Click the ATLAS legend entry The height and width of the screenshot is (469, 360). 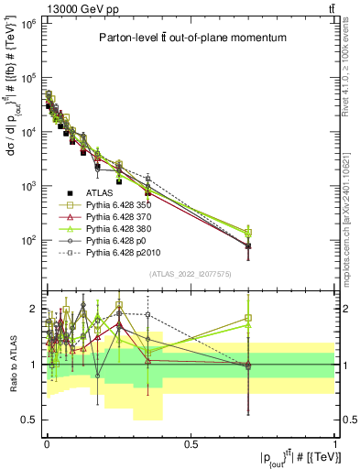click(x=100, y=193)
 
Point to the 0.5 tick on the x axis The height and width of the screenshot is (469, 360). click(x=191, y=443)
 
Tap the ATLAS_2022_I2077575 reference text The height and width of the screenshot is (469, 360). click(x=190, y=274)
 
